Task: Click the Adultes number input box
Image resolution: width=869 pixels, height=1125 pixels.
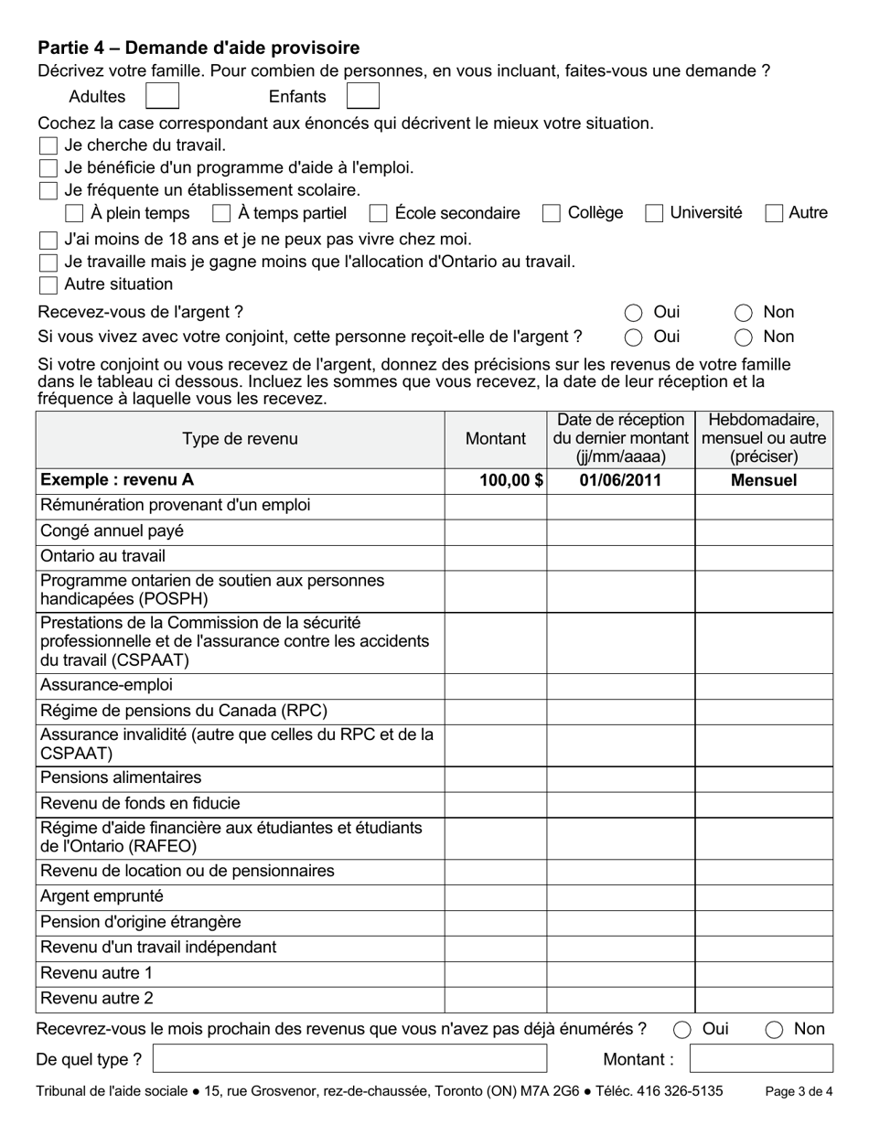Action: coord(162,96)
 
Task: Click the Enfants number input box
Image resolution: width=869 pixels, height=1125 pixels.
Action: coord(362,96)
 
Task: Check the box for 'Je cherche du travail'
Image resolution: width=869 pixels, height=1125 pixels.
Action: coord(48,145)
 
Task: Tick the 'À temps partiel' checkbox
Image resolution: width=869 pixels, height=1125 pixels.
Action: coord(220,213)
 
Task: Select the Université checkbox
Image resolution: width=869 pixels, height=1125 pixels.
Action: coord(653,213)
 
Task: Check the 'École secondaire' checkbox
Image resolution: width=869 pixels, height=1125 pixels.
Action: coord(378,213)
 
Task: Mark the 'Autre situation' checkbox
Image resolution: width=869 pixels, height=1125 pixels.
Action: coord(48,284)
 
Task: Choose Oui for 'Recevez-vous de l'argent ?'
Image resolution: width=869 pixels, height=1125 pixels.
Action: coord(633,313)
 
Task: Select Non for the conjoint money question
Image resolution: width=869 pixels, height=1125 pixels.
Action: coord(743,337)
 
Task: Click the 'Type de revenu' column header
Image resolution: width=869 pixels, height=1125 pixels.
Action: coord(240,439)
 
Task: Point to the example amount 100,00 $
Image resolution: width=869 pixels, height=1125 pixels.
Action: coord(511,480)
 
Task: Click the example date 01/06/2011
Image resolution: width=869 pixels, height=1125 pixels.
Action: coord(620,480)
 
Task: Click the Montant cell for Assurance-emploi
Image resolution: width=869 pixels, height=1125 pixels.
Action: coord(495,685)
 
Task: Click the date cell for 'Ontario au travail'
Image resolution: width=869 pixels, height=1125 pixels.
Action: coord(620,556)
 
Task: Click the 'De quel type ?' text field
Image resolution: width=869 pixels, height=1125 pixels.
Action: coord(349,1059)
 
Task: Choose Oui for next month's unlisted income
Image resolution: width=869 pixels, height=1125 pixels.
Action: coord(681,1030)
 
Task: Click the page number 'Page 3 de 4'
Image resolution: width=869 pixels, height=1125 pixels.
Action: coord(798,1091)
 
